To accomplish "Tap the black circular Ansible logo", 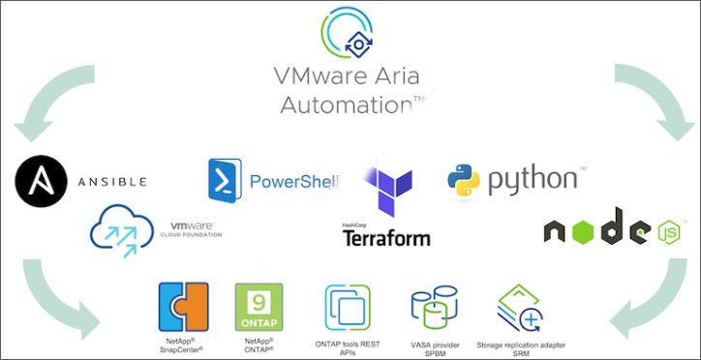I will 40,180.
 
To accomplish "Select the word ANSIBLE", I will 111,181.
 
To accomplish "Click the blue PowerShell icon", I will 225,180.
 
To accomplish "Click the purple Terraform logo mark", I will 388,191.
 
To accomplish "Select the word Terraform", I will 386,237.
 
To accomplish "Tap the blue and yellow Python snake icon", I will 465,180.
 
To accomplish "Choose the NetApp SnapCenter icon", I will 184,307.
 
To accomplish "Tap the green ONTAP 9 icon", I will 259,307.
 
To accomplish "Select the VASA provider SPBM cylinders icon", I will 434,309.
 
